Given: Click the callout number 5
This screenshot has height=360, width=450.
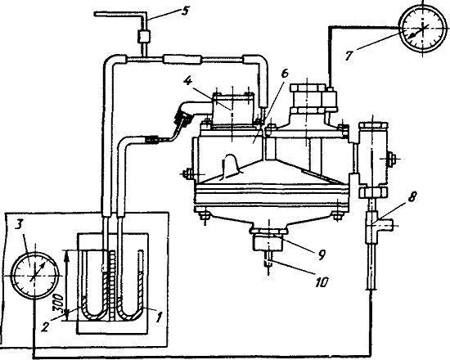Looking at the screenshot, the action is click(x=185, y=11).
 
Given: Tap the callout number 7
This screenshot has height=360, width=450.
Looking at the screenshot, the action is click(x=349, y=55).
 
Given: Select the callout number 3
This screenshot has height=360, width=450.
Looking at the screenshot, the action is click(x=19, y=224).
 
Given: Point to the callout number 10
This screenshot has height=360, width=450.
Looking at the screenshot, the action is click(x=322, y=282).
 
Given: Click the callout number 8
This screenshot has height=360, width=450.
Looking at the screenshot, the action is click(x=412, y=198).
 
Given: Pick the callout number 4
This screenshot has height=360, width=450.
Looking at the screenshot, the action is click(x=187, y=81).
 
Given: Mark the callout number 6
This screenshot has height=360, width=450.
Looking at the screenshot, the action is click(x=285, y=74).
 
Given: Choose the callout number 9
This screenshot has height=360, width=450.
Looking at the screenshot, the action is click(x=322, y=254).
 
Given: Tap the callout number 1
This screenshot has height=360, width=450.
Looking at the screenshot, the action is click(x=159, y=317).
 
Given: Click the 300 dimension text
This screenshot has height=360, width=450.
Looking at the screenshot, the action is click(x=58, y=302).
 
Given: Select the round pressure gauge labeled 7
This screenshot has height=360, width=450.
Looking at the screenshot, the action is click(x=422, y=29).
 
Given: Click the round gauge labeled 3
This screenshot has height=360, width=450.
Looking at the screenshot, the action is click(x=35, y=276).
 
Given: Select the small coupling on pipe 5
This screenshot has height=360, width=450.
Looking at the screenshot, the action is click(x=143, y=37).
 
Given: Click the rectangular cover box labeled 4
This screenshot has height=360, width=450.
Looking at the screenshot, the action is click(x=232, y=110).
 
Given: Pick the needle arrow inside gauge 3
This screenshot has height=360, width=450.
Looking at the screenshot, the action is click(x=38, y=271).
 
